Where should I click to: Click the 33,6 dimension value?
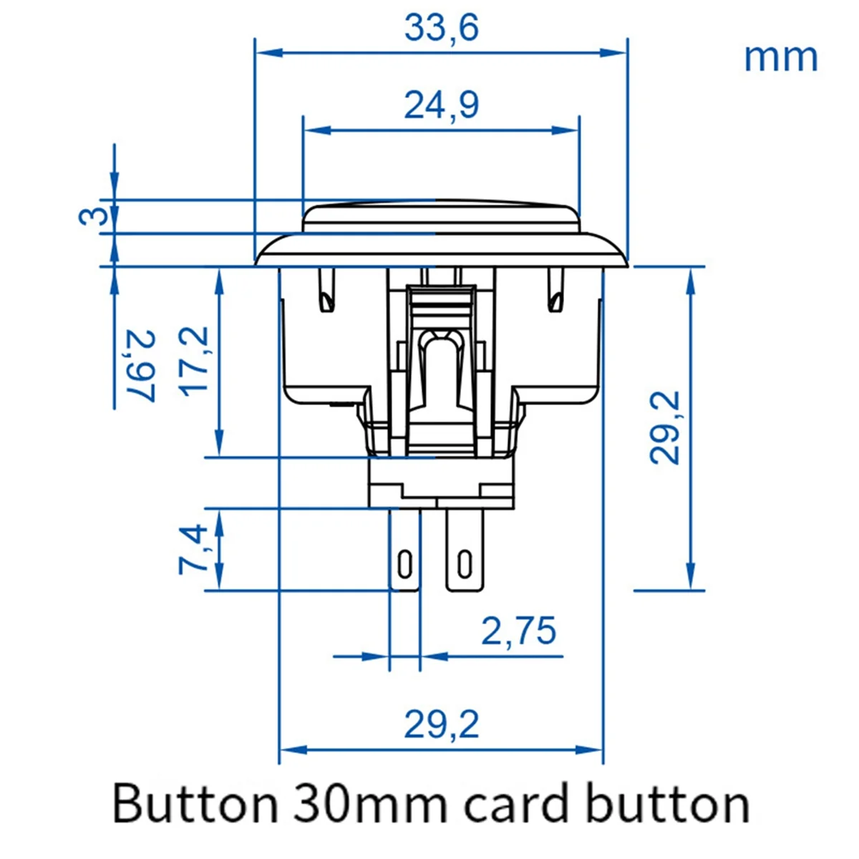441,29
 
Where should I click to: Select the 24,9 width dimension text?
441,105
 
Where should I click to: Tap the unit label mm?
780,57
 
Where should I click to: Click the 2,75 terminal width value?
518,631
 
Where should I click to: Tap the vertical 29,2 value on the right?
665,428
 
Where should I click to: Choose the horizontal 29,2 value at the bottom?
441,725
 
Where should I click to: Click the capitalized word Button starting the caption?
193,804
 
